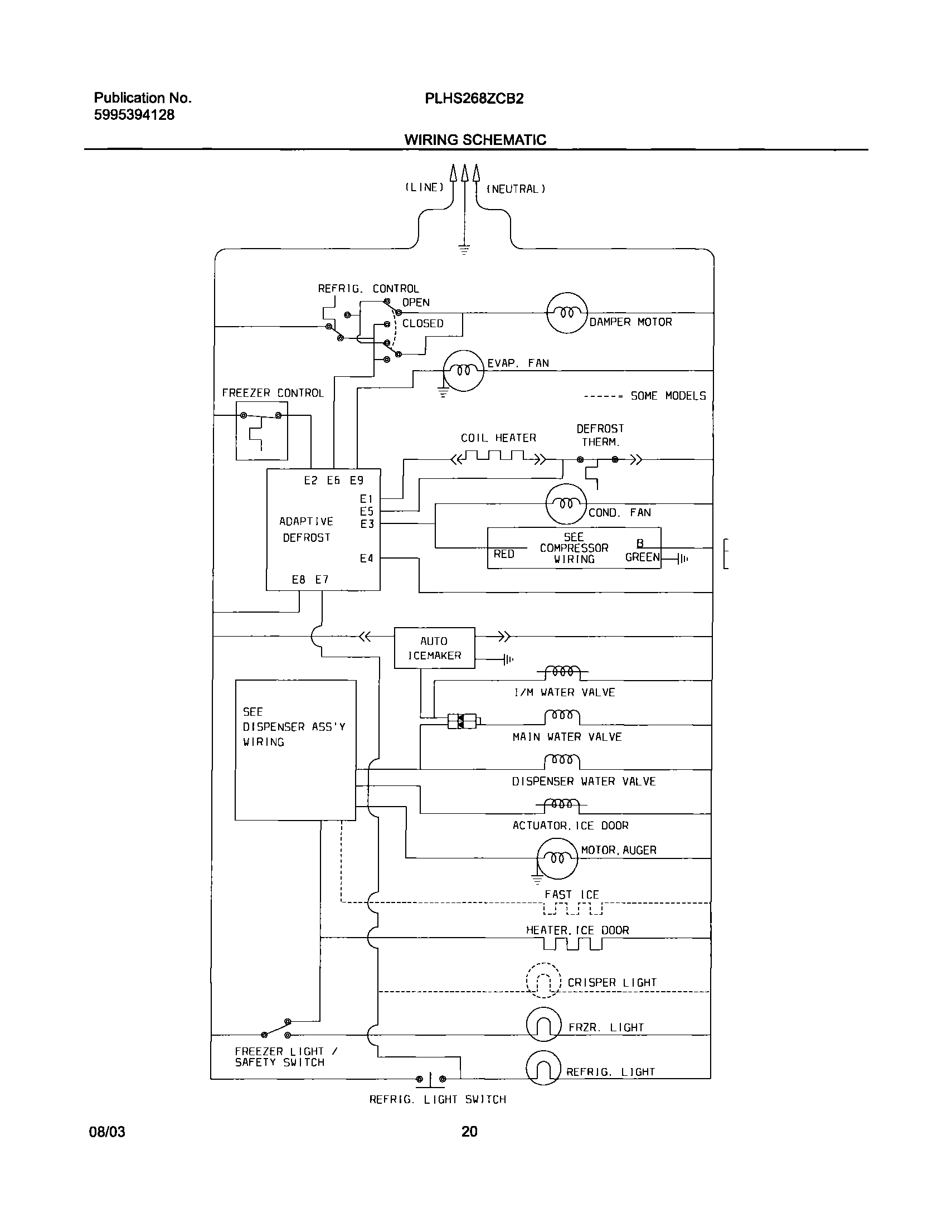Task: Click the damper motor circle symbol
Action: pos(567,313)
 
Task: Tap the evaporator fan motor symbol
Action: pos(463,370)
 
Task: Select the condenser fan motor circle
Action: pos(566,503)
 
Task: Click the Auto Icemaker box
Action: pos(434,648)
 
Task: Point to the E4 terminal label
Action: pos(366,558)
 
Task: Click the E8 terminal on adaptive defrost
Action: pos(298,579)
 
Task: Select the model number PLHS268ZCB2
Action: pos(474,99)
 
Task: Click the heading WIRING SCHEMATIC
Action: pos(475,139)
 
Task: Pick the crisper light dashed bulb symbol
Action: pos(543,980)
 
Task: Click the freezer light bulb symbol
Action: pos(543,1024)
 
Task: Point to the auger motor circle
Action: pos(557,858)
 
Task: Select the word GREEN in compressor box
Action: pos(642,557)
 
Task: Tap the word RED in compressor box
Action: pos(504,554)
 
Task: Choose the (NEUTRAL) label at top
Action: pos(516,189)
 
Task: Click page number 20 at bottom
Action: pos(469,1131)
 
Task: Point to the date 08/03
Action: pos(107,1132)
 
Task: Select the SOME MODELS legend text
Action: pos(668,395)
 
